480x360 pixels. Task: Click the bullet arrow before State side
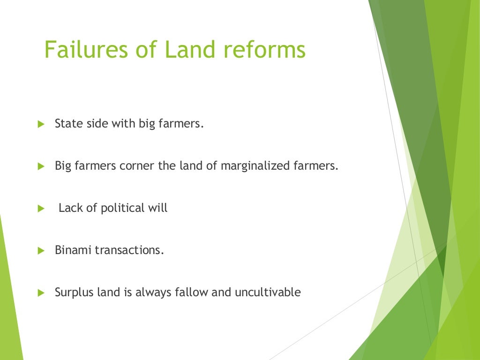click(41, 124)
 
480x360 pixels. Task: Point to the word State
click(67, 124)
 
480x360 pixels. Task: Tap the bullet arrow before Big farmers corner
click(41, 166)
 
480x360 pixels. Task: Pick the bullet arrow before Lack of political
click(41, 209)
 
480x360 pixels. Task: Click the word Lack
click(70, 208)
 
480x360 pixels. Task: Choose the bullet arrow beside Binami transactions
click(41, 251)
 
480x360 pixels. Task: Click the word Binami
click(73, 250)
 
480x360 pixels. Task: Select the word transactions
click(129, 250)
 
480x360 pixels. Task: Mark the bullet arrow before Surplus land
click(41, 293)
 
